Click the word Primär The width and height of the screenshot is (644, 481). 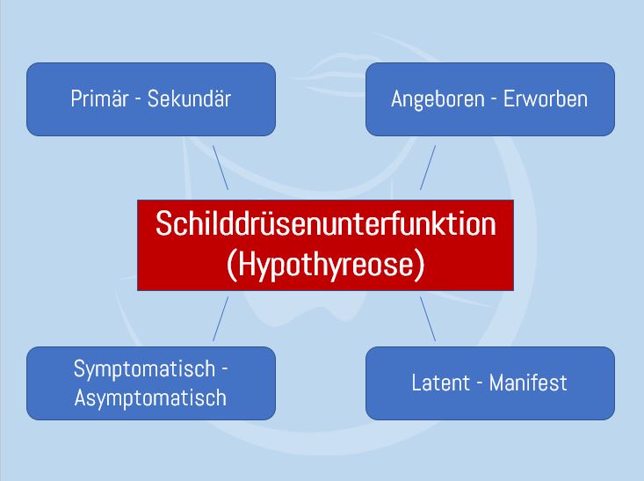click(99, 98)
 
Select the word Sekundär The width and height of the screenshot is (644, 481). click(189, 98)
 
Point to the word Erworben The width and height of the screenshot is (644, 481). click(546, 98)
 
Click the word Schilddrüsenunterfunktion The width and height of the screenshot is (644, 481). click(325, 223)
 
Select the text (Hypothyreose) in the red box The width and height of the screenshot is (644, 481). click(325, 264)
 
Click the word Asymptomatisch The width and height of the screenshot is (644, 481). click(150, 397)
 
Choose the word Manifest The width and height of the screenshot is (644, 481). click(528, 383)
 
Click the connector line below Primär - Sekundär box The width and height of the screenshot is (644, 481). click(220, 167)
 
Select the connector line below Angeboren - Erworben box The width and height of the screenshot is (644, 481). click(428, 167)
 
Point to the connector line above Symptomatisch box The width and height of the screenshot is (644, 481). click(220, 318)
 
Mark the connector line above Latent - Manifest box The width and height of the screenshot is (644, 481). click(428, 318)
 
